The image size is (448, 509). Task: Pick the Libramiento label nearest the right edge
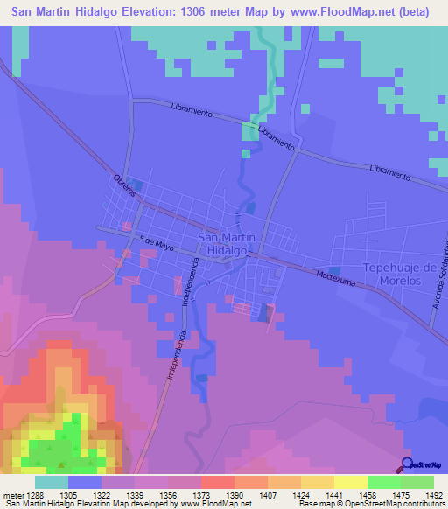pyautogui.click(x=389, y=171)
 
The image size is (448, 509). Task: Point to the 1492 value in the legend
pyautogui.click(x=435, y=493)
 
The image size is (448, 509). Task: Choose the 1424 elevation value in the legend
pyautogui.click(x=301, y=493)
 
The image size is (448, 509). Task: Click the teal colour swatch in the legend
pyautogui.click(x=52, y=482)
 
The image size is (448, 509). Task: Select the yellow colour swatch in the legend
pyautogui.click(x=351, y=482)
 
